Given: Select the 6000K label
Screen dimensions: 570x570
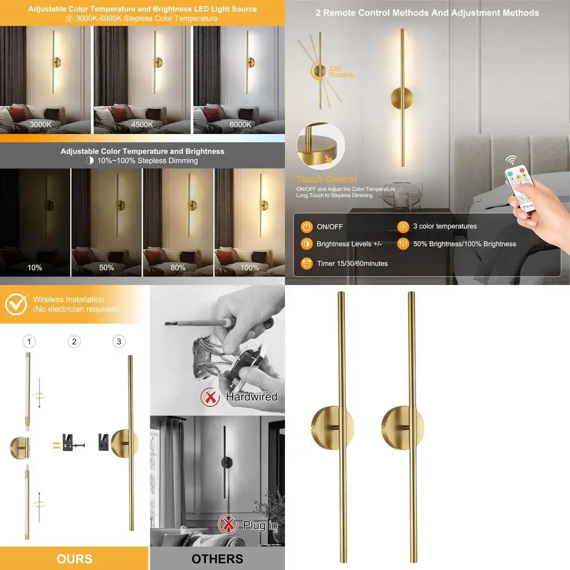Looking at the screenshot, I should point(241,124).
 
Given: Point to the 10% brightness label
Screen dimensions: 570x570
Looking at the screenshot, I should point(35,267).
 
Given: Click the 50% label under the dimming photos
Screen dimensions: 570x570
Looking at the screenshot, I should point(107,267).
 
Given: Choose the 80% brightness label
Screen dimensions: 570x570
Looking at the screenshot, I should point(178,267).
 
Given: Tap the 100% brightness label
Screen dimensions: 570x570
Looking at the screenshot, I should point(250,267).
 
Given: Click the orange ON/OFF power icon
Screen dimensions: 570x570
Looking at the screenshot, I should point(307,227).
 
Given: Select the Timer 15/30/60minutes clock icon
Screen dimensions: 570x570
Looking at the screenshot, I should point(307,263).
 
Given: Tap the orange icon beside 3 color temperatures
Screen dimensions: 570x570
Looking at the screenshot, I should point(403,227).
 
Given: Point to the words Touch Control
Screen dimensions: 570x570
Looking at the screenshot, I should point(327,179).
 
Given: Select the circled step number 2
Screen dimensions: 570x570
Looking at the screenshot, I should point(74,341).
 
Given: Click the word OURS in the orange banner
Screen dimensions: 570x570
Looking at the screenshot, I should point(75,558).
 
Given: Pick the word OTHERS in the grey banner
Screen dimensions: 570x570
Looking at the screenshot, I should point(217,559).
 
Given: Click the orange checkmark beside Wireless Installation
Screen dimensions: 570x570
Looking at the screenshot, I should point(16,304).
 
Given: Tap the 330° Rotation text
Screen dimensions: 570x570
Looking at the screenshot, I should point(341,72).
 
